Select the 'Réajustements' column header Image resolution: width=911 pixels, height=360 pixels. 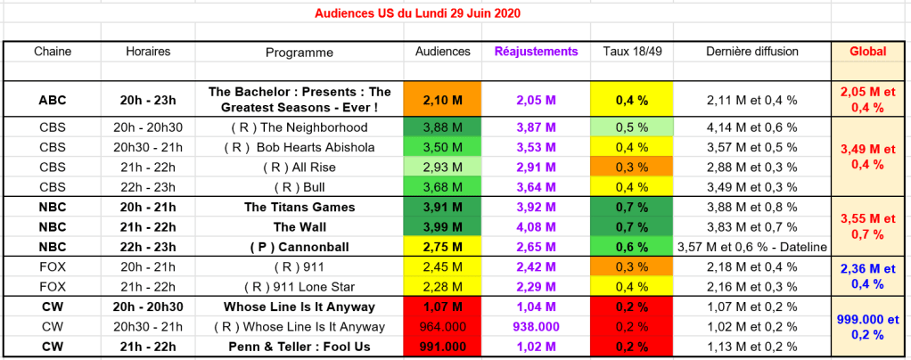coord(536,52)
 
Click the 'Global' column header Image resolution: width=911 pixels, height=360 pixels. coord(868,52)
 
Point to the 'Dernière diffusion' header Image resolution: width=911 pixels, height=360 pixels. coord(751,52)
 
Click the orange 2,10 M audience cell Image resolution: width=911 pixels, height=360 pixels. coord(442,100)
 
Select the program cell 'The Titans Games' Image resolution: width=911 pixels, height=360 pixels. coord(300,207)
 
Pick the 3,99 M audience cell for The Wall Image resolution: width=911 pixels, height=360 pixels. coord(442,225)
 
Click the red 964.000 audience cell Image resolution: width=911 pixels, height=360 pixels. coord(442,326)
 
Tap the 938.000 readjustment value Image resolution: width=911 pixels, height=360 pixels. coord(536,326)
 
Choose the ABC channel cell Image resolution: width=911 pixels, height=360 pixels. coord(52,100)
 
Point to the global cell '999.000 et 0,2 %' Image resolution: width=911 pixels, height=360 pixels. coord(868,326)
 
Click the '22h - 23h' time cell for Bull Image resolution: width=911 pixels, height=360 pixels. coord(148,186)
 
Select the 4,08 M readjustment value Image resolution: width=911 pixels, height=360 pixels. coord(536,225)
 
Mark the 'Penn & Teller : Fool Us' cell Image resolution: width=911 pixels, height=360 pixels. coord(300,347)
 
